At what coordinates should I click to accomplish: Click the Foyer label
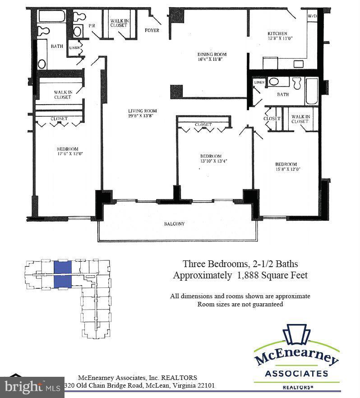click(x=152, y=31)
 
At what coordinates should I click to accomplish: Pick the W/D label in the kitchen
click(x=312, y=16)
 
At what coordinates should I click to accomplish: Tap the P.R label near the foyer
click(x=92, y=26)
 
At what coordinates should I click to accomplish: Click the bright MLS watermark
click(x=32, y=387)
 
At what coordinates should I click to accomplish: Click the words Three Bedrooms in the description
click(x=211, y=264)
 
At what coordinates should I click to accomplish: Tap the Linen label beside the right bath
click(x=259, y=83)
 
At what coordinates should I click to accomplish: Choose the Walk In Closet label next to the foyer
click(x=119, y=22)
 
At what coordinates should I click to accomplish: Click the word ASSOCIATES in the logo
click(x=296, y=374)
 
